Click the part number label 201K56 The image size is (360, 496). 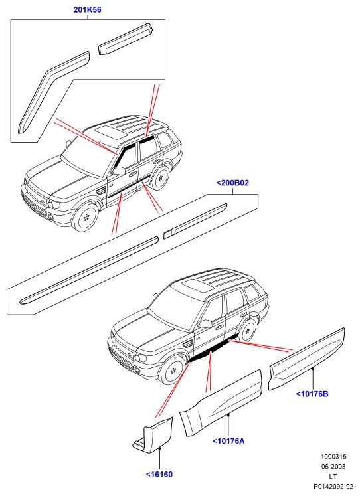[x=87, y=10]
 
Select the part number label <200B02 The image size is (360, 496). [x=232, y=183]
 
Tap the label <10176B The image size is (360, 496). [x=312, y=394]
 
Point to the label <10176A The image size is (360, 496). [x=228, y=441]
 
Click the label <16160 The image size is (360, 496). [x=159, y=475]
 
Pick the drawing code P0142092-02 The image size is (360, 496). [x=333, y=486]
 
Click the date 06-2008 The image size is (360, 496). [x=333, y=467]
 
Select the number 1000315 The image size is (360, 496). [x=333, y=457]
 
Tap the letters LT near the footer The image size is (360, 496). [x=333, y=476]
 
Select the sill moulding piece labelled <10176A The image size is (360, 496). [x=221, y=403]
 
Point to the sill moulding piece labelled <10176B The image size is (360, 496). [x=307, y=359]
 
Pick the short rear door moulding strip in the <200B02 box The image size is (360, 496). [x=195, y=221]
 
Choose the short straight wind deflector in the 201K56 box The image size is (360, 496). [x=126, y=39]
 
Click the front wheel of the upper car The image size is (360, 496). [x=85, y=217]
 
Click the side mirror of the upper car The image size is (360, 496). [x=118, y=171]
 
